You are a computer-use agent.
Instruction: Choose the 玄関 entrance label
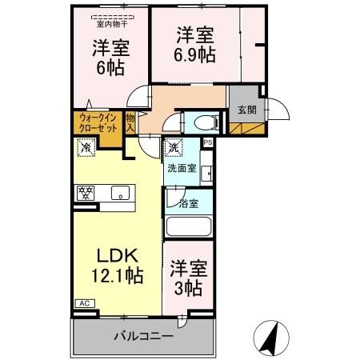coord(246,110)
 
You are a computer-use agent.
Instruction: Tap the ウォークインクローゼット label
coord(96,123)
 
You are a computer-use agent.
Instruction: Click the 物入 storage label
coord(130,123)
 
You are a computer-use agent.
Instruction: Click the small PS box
coord(207,142)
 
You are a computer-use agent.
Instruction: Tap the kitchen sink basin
coord(119,192)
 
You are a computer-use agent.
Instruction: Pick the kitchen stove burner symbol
coord(85,192)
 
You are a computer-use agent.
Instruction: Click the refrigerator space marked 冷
coord(84,146)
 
